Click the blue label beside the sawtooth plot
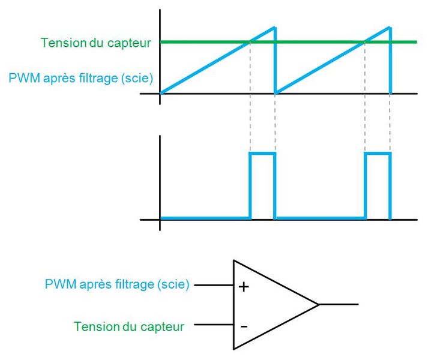point(79,77)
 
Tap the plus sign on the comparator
point(243,287)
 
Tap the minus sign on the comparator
point(243,326)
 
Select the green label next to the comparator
point(128,326)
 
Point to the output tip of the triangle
point(318,304)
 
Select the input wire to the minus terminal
point(213,325)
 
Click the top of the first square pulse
point(262,154)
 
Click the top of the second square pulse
point(378,154)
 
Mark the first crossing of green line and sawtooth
point(250,42)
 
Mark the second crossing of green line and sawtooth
point(365,42)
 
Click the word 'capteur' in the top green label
point(134,43)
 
